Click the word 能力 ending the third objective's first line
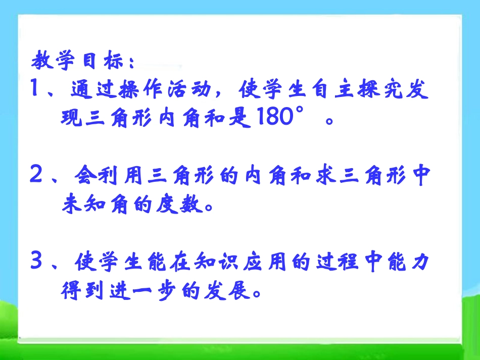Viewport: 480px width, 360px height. click(407, 263)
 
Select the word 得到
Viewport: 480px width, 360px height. click(81, 290)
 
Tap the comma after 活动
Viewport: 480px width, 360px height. click(217, 96)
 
